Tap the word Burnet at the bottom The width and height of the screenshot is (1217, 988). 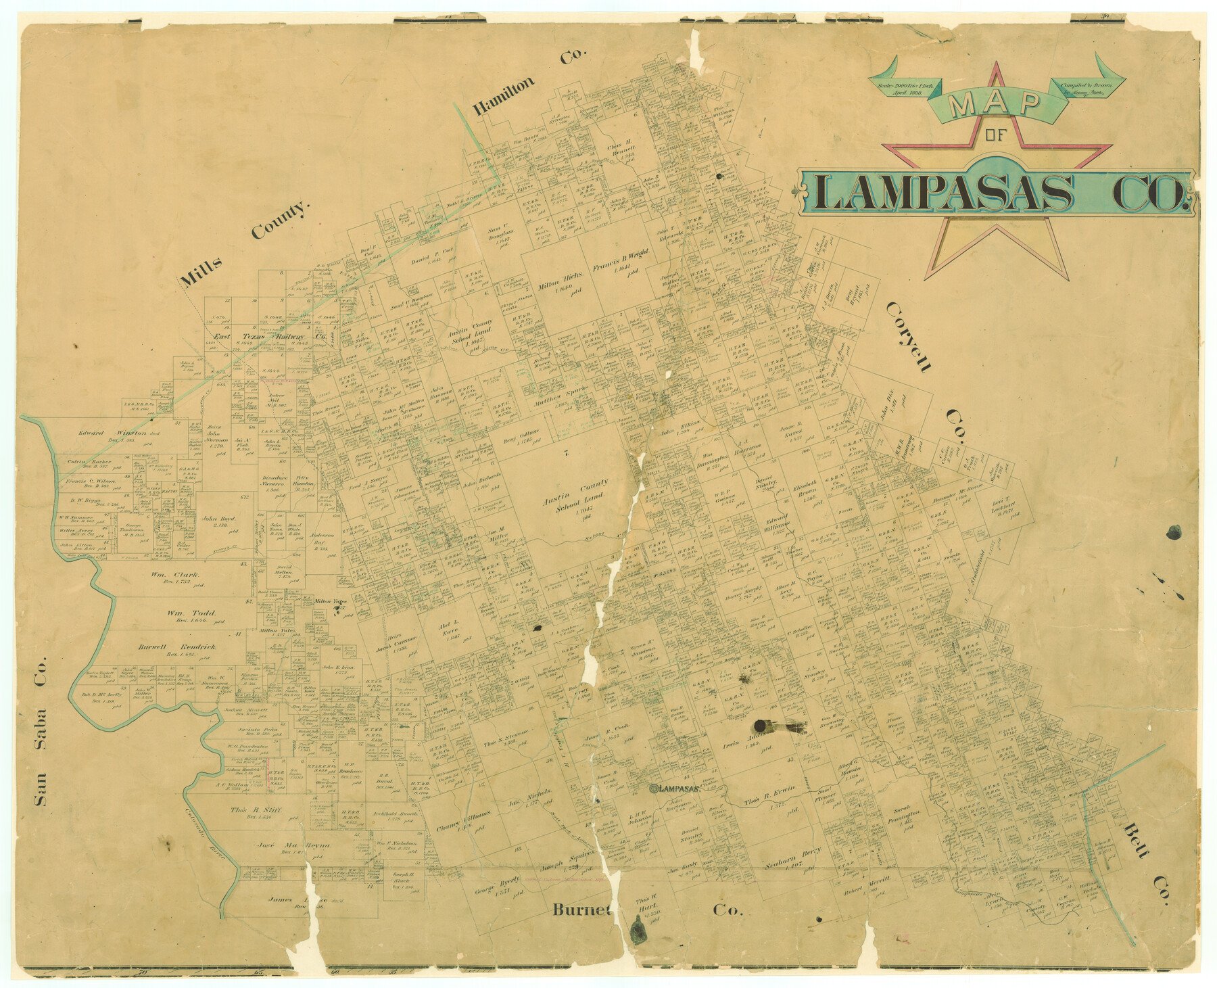581,910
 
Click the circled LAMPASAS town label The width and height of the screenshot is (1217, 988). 677,789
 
